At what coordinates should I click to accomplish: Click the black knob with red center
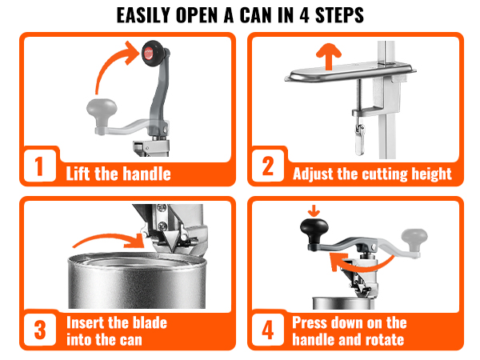pos(150,54)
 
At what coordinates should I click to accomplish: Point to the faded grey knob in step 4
pos(418,238)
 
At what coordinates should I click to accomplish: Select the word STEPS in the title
pos(337,16)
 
